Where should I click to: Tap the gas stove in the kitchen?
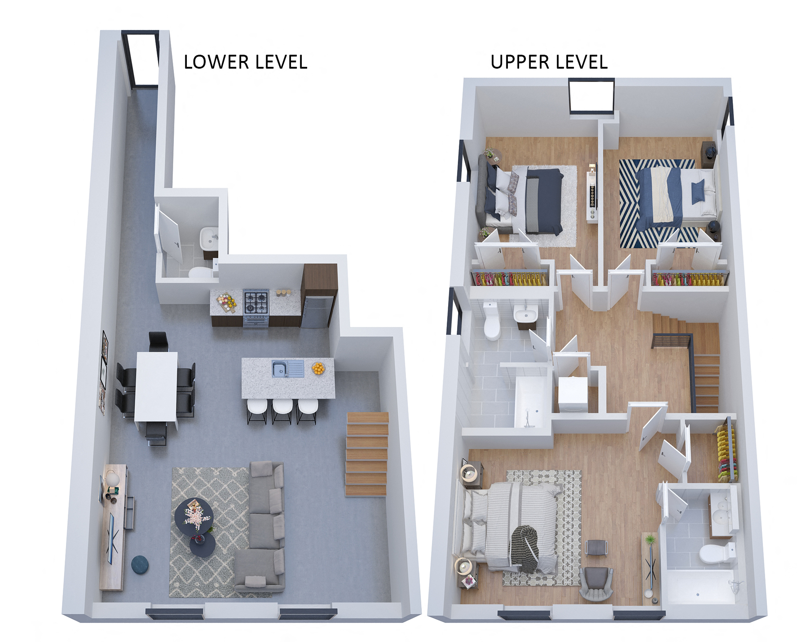point(256,301)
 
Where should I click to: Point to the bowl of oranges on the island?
point(318,369)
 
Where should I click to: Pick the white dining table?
point(156,386)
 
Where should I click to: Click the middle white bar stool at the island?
point(282,408)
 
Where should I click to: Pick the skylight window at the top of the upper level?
point(591,96)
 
